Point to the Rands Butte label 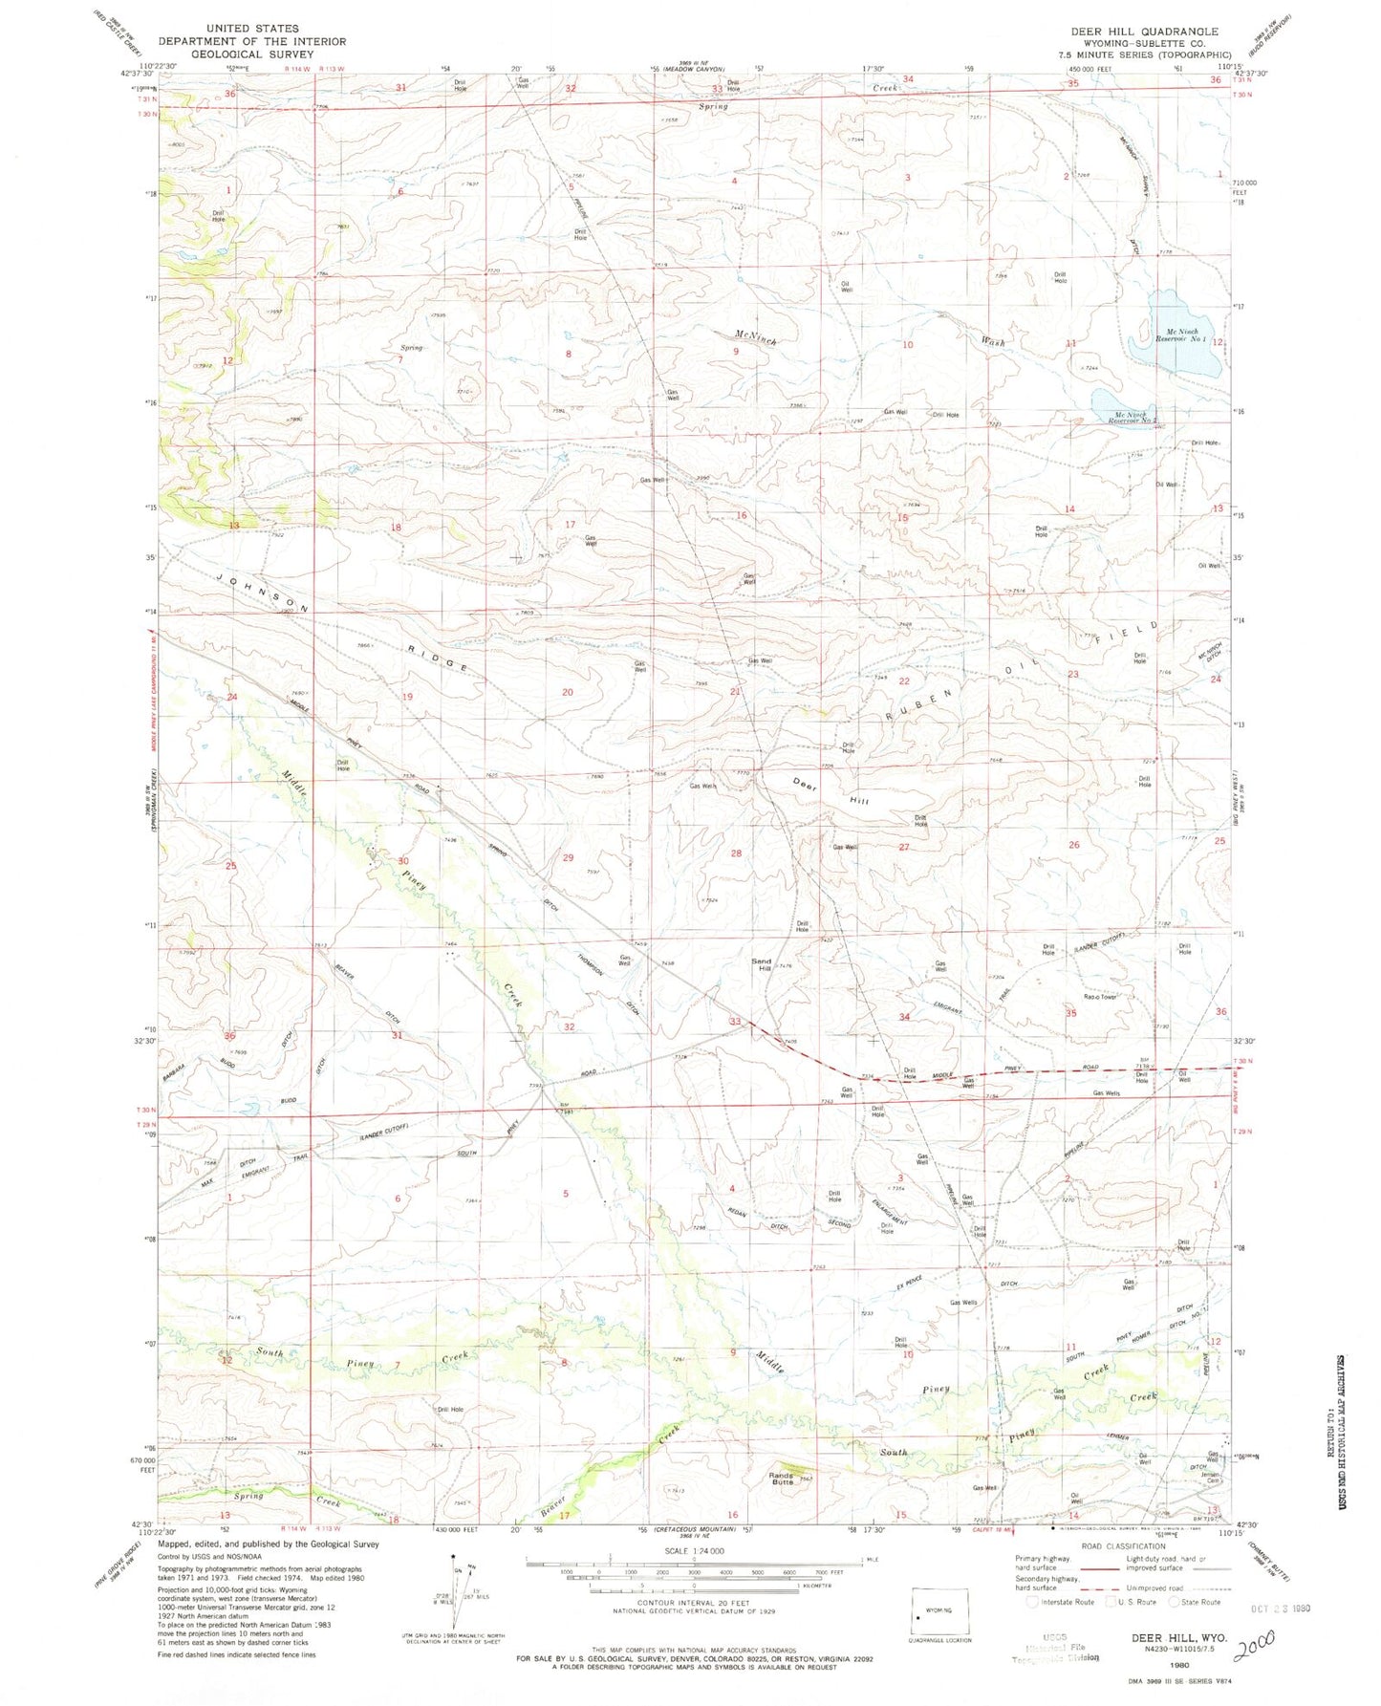783,1479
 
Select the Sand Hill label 762,965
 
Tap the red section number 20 567,692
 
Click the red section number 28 736,853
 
